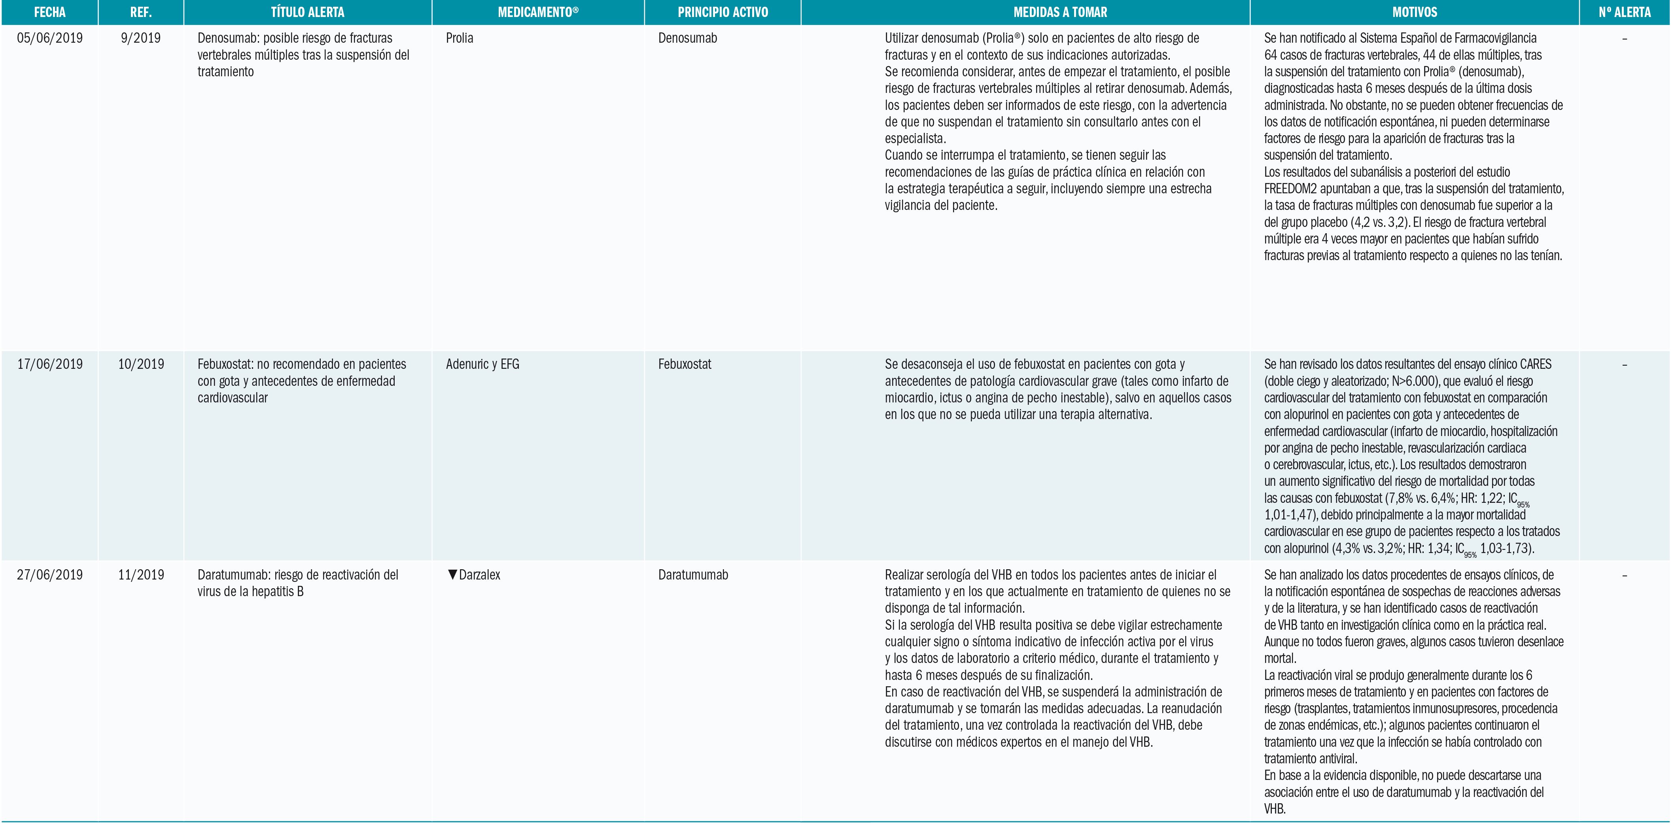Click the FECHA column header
coord(49,12)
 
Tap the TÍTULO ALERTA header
coord(307,12)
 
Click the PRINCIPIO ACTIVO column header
coord(723,12)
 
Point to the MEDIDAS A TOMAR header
coord(1060,12)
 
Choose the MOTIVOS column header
coord(1415,12)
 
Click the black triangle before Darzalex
coord(452,575)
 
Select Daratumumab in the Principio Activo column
coord(693,575)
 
